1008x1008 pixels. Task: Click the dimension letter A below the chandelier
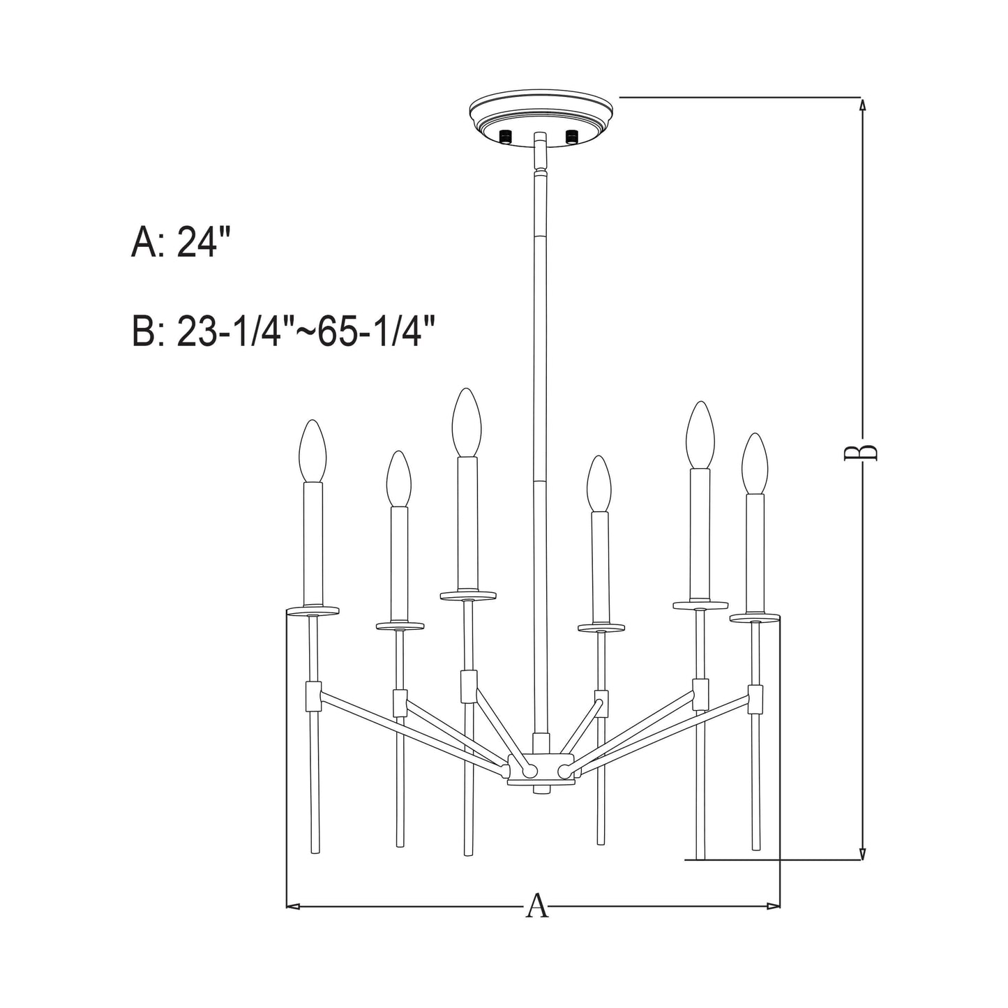coord(536,905)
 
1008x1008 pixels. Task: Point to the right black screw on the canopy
coord(572,135)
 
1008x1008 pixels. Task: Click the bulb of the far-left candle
coord(313,451)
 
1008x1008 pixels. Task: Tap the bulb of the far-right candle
coord(754,463)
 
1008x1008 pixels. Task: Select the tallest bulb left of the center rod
coord(466,422)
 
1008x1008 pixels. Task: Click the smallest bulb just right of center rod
coord(599,484)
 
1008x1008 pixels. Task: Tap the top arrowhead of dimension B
coord(863,105)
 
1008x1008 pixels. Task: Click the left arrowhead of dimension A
coord(293,906)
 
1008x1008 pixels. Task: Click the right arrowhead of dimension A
coord(774,906)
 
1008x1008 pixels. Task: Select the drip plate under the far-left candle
coord(313,610)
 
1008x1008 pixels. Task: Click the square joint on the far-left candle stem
coord(313,693)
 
